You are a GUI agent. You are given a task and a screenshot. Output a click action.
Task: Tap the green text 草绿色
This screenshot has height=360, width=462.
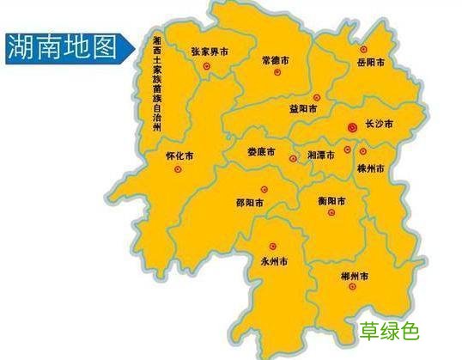[390, 330]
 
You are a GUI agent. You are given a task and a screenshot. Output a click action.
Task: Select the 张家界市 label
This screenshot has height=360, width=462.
[210, 52]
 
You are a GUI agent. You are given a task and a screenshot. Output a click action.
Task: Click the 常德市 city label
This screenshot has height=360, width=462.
[277, 61]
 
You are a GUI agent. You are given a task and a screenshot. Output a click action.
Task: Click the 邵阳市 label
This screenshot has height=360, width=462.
[249, 204]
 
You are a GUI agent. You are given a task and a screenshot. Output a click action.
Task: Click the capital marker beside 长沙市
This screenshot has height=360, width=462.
[350, 126]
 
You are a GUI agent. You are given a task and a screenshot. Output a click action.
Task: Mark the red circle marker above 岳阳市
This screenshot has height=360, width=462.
[363, 49]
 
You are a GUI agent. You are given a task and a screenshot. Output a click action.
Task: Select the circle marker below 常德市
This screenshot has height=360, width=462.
[277, 73]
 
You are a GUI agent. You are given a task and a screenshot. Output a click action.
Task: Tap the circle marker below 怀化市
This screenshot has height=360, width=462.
[179, 170]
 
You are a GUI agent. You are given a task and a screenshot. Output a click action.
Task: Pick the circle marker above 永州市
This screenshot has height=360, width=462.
[272, 246]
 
